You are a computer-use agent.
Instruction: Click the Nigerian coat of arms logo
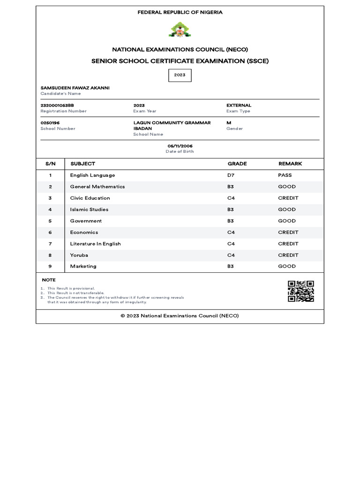pyautogui.click(x=180, y=30)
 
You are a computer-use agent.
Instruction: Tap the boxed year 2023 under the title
pyautogui.click(x=180, y=75)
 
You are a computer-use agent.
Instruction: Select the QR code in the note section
pyautogui.click(x=300, y=291)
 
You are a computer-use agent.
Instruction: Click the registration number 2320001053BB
pyautogui.click(x=57, y=105)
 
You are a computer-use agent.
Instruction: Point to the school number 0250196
pyautogui.click(x=50, y=123)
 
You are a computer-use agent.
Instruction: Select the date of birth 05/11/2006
pyautogui.click(x=180, y=146)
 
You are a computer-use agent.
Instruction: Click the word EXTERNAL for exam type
pyautogui.click(x=239, y=105)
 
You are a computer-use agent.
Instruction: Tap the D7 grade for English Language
pyautogui.click(x=231, y=175)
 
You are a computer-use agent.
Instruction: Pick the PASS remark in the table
pyautogui.click(x=285, y=175)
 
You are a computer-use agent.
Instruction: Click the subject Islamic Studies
pyautogui.click(x=89, y=210)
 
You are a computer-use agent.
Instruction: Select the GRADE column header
pyautogui.click(x=237, y=164)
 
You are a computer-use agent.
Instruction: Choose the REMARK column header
pyautogui.click(x=290, y=164)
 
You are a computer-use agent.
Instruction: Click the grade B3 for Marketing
pyautogui.click(x=231, y=266)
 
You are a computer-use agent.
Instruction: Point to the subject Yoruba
pyautogui.click(x=79, y=255)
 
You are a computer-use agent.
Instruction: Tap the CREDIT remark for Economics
pyautogui.click(x=288, y=232)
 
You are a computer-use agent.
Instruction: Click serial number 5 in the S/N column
pyautogui.click(x=50, y=221)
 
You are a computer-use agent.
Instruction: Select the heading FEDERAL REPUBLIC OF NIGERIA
pyautogui.click(x=180, y=13)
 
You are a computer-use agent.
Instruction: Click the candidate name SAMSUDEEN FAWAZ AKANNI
pyautogui.click(x=75, y=88)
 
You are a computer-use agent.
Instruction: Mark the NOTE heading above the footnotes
pyautogui.click(x=49, y=280)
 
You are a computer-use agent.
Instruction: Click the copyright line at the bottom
pyautogui.click(x=180, y=316)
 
